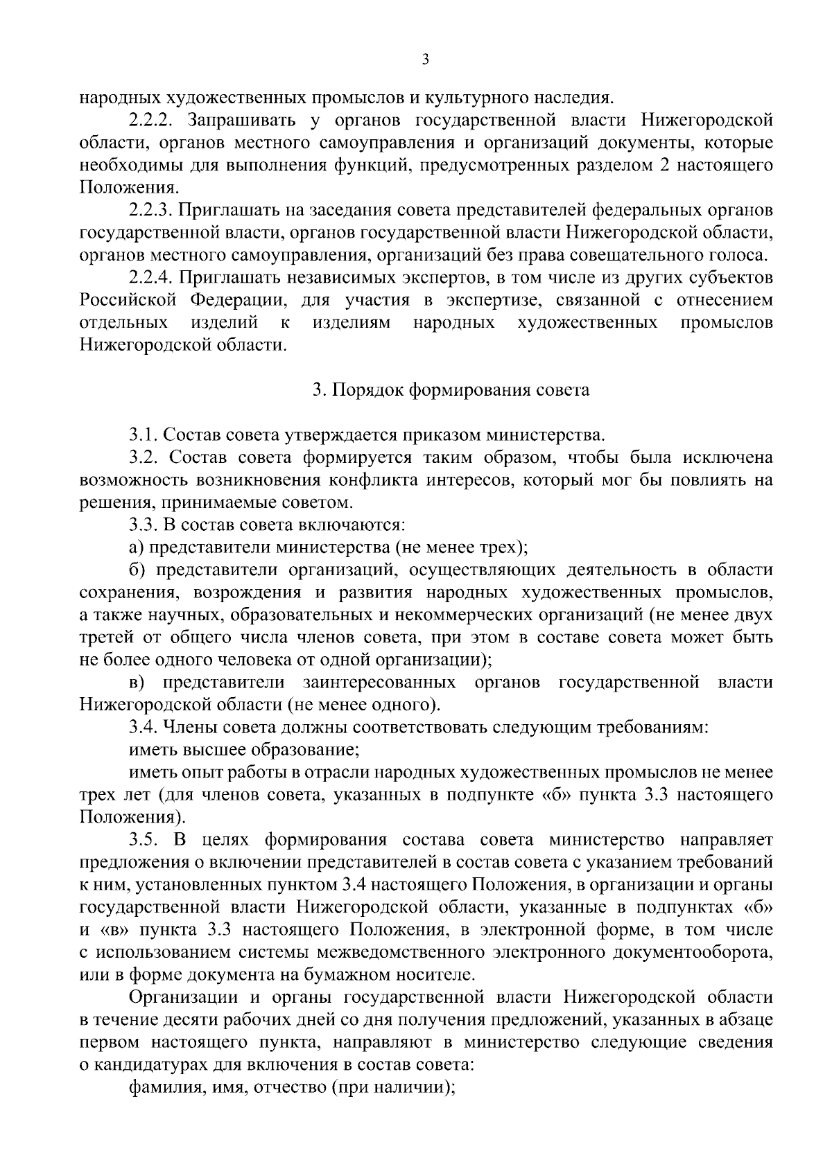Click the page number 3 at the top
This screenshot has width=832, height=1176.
pyautogui.click(x=426, y=60)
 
